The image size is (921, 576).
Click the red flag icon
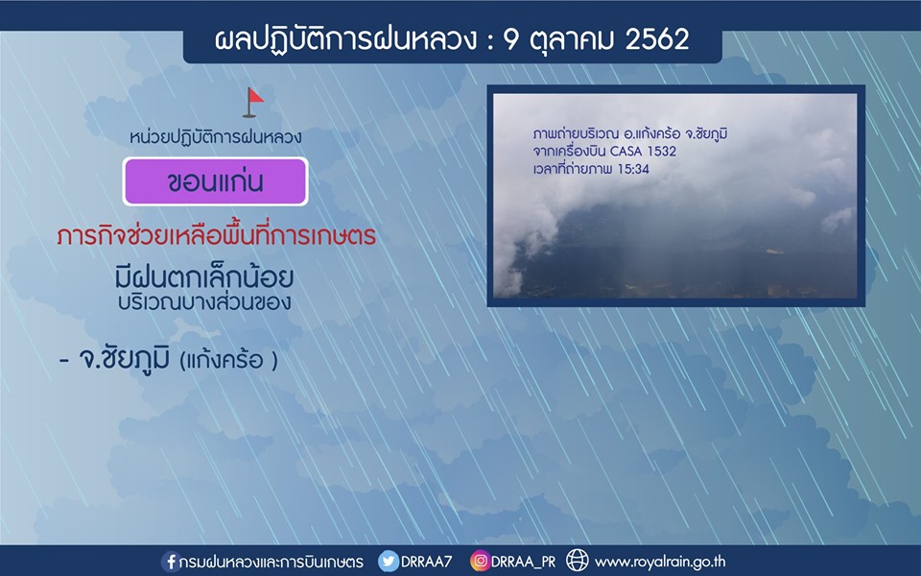(253, 103)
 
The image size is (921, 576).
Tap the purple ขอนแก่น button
(215, 181)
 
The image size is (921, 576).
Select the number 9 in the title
(511, 40)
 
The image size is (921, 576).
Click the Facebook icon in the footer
(171, 562)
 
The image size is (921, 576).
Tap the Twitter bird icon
(389, 561)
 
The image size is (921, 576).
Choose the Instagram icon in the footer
(480, 561)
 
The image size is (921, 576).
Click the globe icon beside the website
(577, 561)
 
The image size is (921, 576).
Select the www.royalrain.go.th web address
(660, 562)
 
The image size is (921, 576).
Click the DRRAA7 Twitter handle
(426, 562)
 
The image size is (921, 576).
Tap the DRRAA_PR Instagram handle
(524, 562)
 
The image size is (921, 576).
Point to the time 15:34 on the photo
(633, 169)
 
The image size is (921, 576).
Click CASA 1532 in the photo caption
(643, 151)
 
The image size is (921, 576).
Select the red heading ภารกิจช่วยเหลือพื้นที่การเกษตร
(217, 235)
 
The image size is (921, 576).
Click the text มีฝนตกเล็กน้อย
(203, 276)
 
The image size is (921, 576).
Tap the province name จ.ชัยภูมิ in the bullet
(124, 359)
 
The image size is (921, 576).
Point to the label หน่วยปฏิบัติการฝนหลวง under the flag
(216, 137)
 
